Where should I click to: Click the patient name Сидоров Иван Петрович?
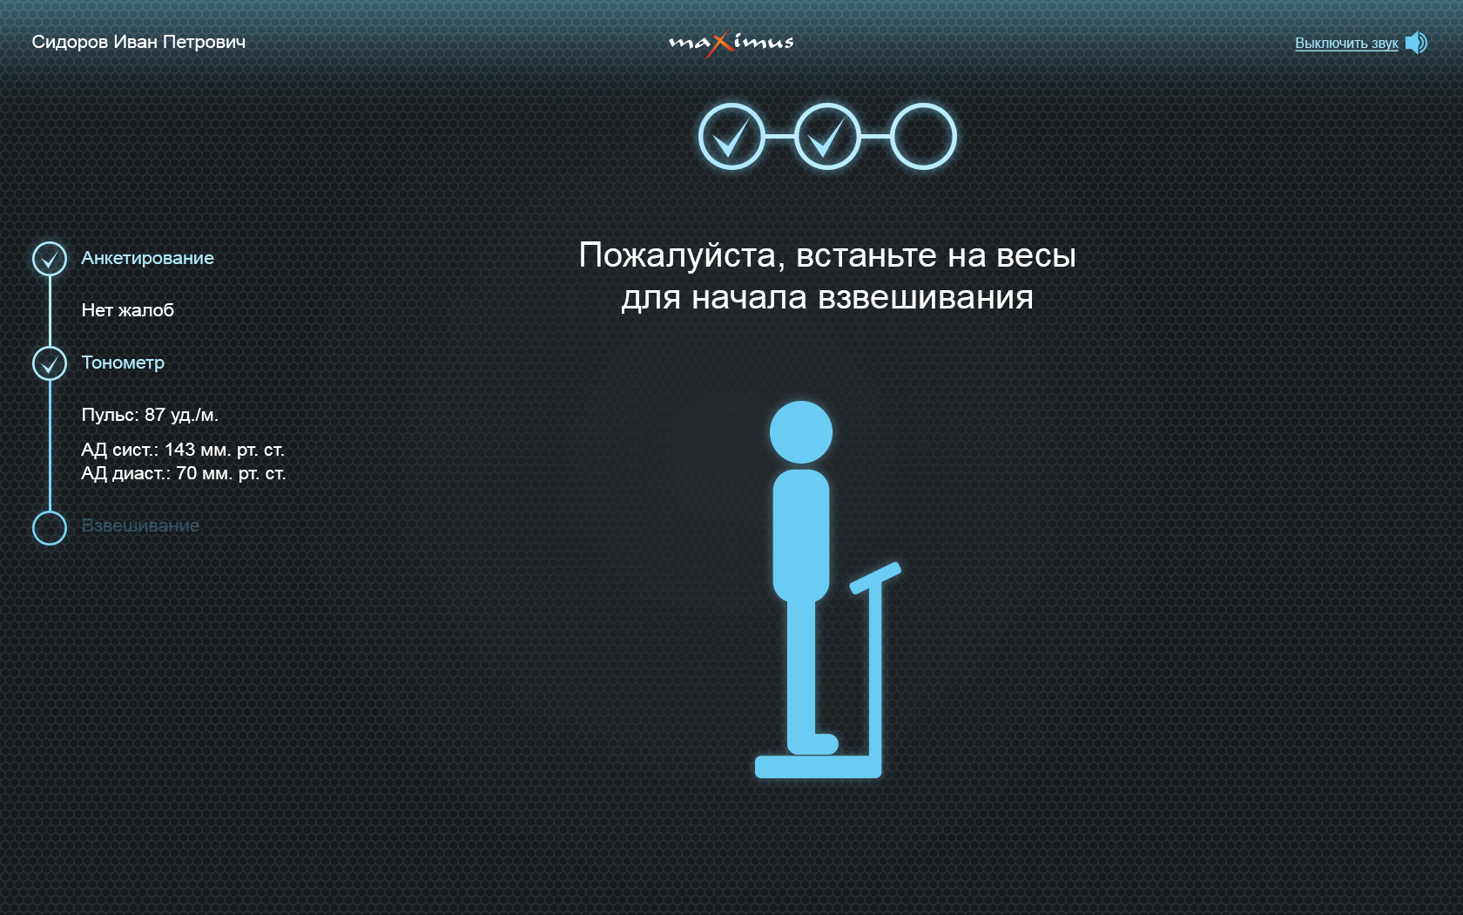click(x=138, y=43)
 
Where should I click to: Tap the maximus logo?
click(x=731, y=44)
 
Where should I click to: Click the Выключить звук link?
click(x=1346, y=44)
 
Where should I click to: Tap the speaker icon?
click(x=1416, y=44)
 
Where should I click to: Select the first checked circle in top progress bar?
click(x=731, y=105)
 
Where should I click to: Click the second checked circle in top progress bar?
click(x=827, y=105)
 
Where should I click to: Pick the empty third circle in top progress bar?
click(x=923, y=105)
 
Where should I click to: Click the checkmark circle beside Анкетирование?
click(x=50, y=242)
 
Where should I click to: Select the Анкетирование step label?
click(x=148, y=258)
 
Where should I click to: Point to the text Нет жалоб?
click(x=128, y=310)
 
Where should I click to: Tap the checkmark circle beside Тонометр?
click(x=50, y=347)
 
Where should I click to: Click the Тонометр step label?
click(x=123, y=363)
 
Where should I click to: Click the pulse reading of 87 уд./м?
click(x=150, y=415)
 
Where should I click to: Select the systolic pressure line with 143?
click(x=183, y=450)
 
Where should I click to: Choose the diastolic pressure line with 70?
click(x=184, y=473)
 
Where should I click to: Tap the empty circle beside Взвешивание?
click(x=50, y=512)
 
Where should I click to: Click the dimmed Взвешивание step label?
click(x=140, y=525)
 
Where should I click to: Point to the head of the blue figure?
click(x=801, y=432)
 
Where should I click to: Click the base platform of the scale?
click(x=818, y=767)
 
